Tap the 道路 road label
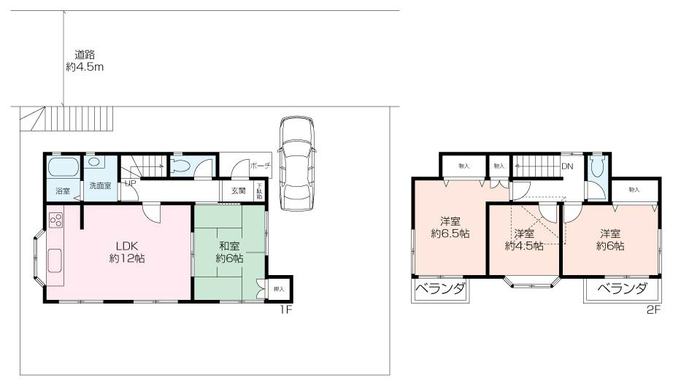click(85, 54)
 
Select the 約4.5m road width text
click(85, 66)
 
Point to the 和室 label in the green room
click(229, 245)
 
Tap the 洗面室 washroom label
click(100, 186)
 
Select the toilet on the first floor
click(180, 166)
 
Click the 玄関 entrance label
click(239, 191)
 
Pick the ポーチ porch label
click(260, 166)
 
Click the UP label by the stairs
click(130, 183)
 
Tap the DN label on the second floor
click(567, 166)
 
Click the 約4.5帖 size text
click(523, 246)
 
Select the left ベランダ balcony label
click(441, 289)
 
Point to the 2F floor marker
click(652, 309)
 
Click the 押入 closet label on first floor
click(279, 289)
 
